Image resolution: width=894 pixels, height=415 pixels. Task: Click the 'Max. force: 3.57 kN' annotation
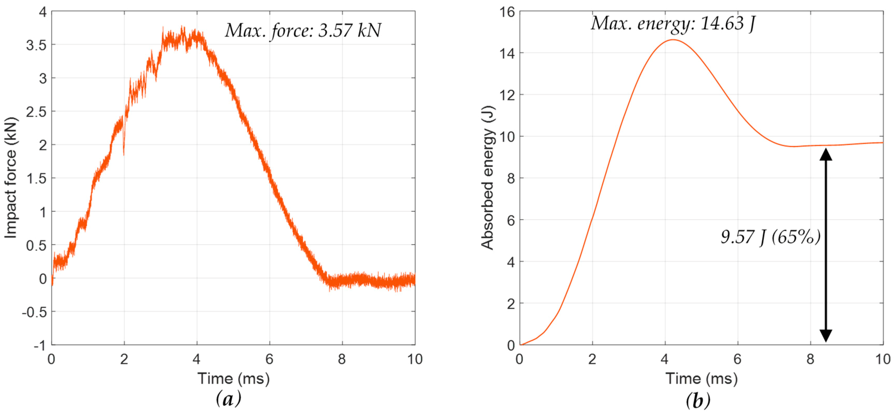coord(303,30)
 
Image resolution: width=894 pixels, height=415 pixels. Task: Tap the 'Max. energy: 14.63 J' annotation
coord(673,24)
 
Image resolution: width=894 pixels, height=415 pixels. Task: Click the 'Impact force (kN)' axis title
coord(10,178)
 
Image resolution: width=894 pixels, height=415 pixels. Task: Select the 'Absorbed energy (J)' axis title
coord(488,178)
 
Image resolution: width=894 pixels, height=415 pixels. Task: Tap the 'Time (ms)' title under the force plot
coord(233,378)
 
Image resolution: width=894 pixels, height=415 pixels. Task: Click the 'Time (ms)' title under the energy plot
coord(701,378)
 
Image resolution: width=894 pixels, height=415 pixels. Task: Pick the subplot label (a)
coord(228,399)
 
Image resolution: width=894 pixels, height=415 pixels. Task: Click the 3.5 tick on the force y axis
coord(36,45)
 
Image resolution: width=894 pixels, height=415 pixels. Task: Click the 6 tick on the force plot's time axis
coord(269,359)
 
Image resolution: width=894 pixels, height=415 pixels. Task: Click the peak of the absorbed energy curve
coord(673,40)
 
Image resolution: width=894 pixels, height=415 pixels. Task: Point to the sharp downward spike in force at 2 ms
coord(124,153)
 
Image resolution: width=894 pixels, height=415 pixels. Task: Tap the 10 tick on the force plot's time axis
coord(415,359)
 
